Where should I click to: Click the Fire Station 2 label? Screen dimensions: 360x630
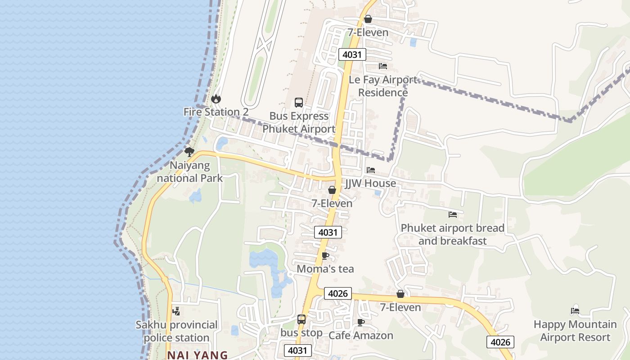tap(216, 112)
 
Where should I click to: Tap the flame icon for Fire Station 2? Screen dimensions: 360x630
tap(216, 99)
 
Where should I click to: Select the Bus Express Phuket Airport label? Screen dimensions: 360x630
tap(299, 122)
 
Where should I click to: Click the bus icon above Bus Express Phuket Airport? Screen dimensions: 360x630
tap(299, 103)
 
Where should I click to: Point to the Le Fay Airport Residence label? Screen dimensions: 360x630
tap(383, 86)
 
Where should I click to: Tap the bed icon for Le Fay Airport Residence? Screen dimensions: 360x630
tap(383, 66)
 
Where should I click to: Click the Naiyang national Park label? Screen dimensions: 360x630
tap(189, 172)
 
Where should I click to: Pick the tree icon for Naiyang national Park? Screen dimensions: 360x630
tap(189, 152)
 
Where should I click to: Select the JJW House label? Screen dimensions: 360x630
tap(370, 183)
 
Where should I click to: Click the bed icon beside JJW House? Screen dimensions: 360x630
tap(371, 170)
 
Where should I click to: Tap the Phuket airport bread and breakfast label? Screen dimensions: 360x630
tap(453, 234)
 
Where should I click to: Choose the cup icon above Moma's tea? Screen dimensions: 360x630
tap(325, 256)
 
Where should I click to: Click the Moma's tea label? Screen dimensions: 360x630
tap(325, 269)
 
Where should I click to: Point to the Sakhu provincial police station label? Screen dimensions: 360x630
tap(177, 331)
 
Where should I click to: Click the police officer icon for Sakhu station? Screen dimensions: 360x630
tap(176, 311)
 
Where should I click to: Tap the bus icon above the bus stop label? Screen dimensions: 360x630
tap(301, 319)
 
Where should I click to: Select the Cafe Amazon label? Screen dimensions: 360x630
tap(361, 335)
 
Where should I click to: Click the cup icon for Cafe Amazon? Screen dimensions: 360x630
tap(360, 322)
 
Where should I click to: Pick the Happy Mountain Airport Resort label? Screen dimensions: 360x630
tap(575, 331)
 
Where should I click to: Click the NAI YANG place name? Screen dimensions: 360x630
tap(198, 355)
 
